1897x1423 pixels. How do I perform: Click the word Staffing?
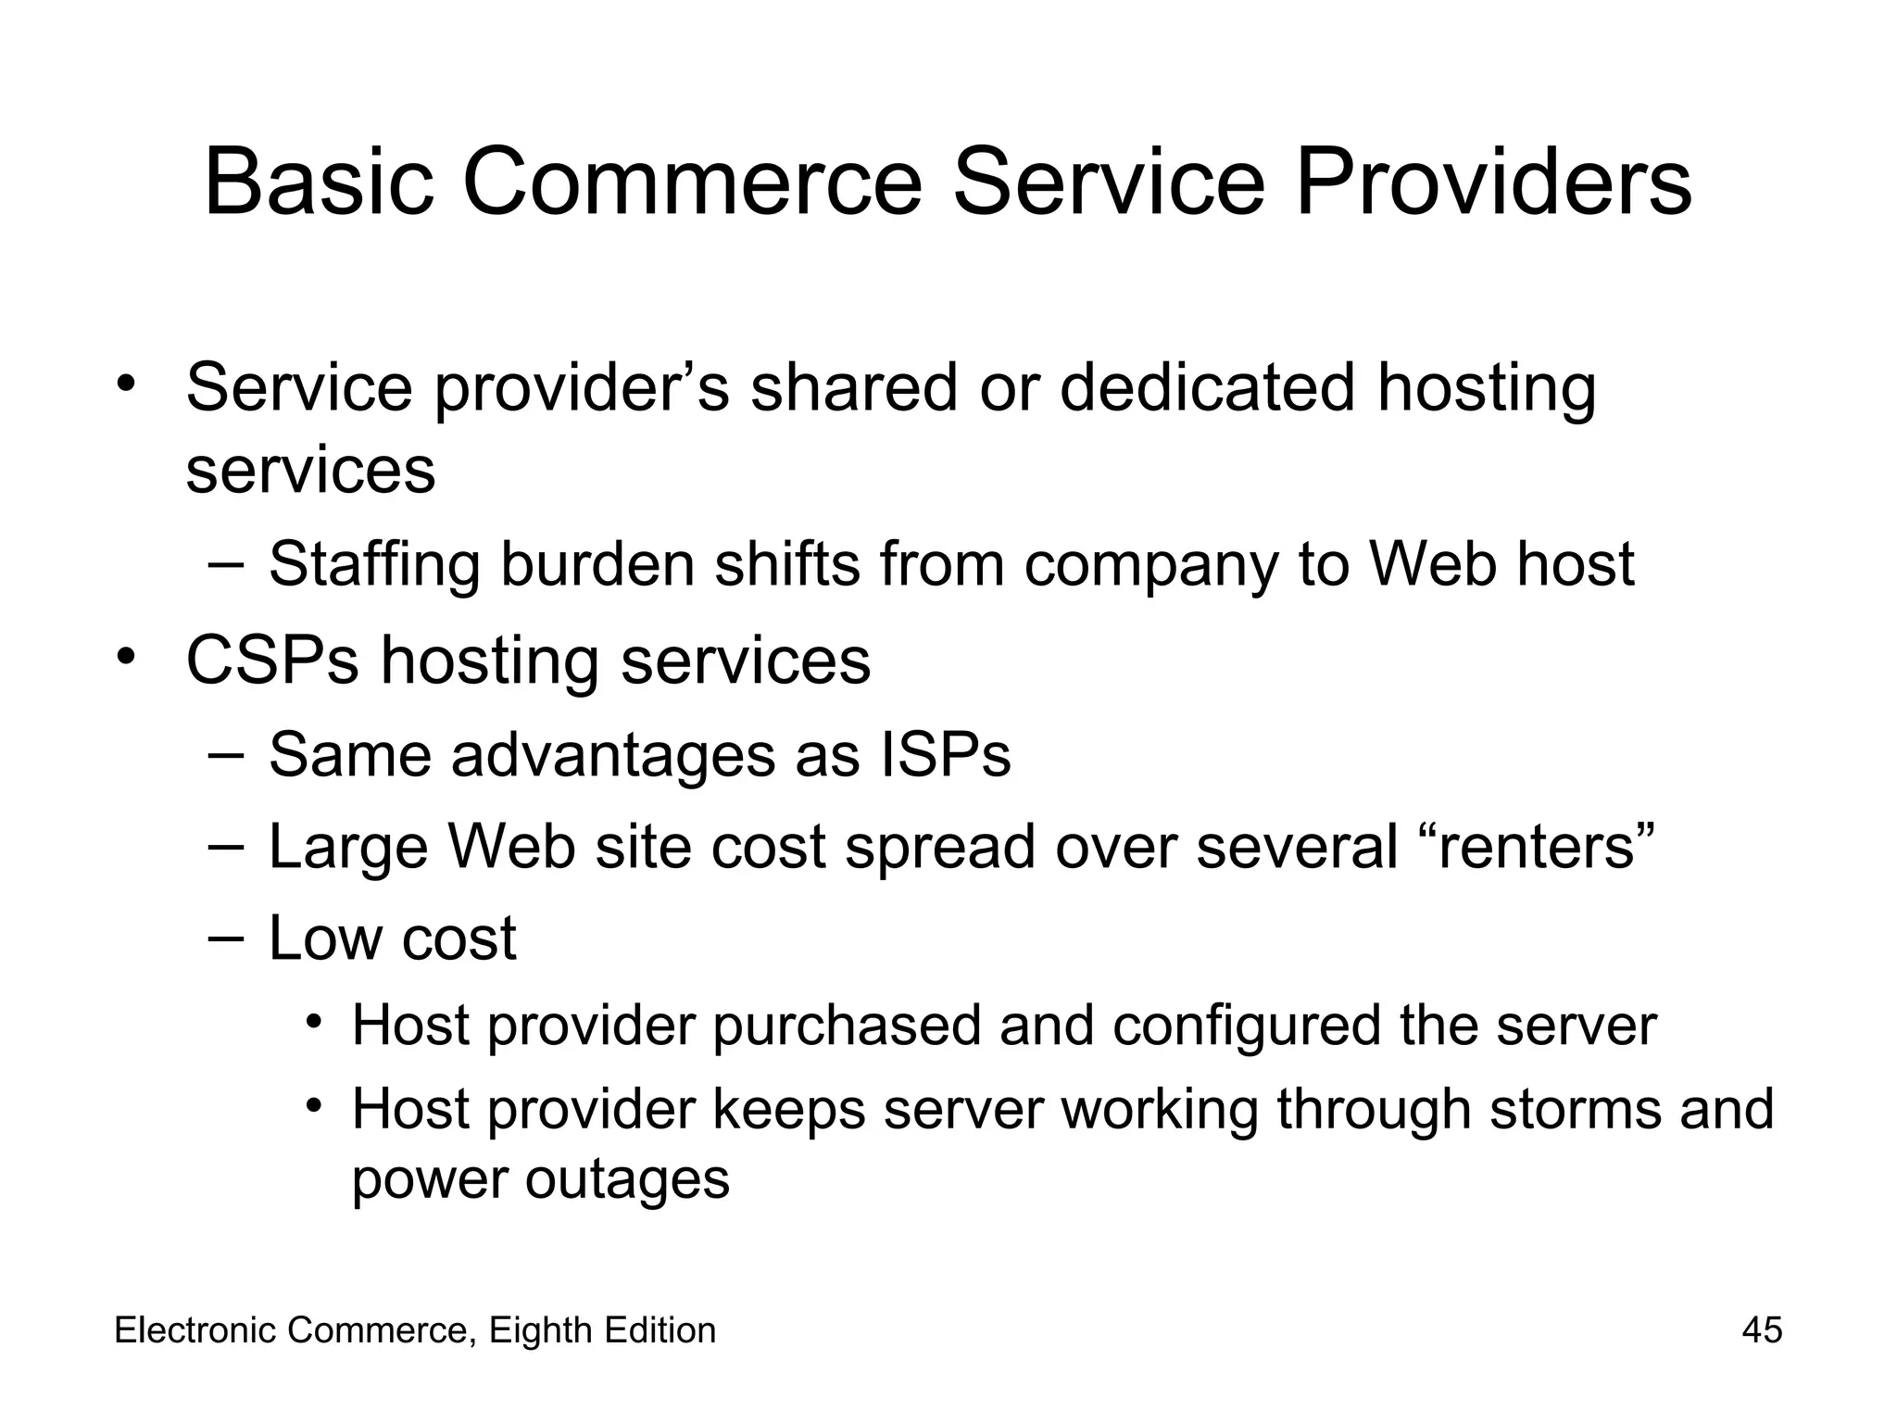[x=374, y=564]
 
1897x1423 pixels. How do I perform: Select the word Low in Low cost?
[x=324, y=938]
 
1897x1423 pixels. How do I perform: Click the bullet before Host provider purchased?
[x=315, y=1024]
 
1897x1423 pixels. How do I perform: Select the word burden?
[x=597, y=564]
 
